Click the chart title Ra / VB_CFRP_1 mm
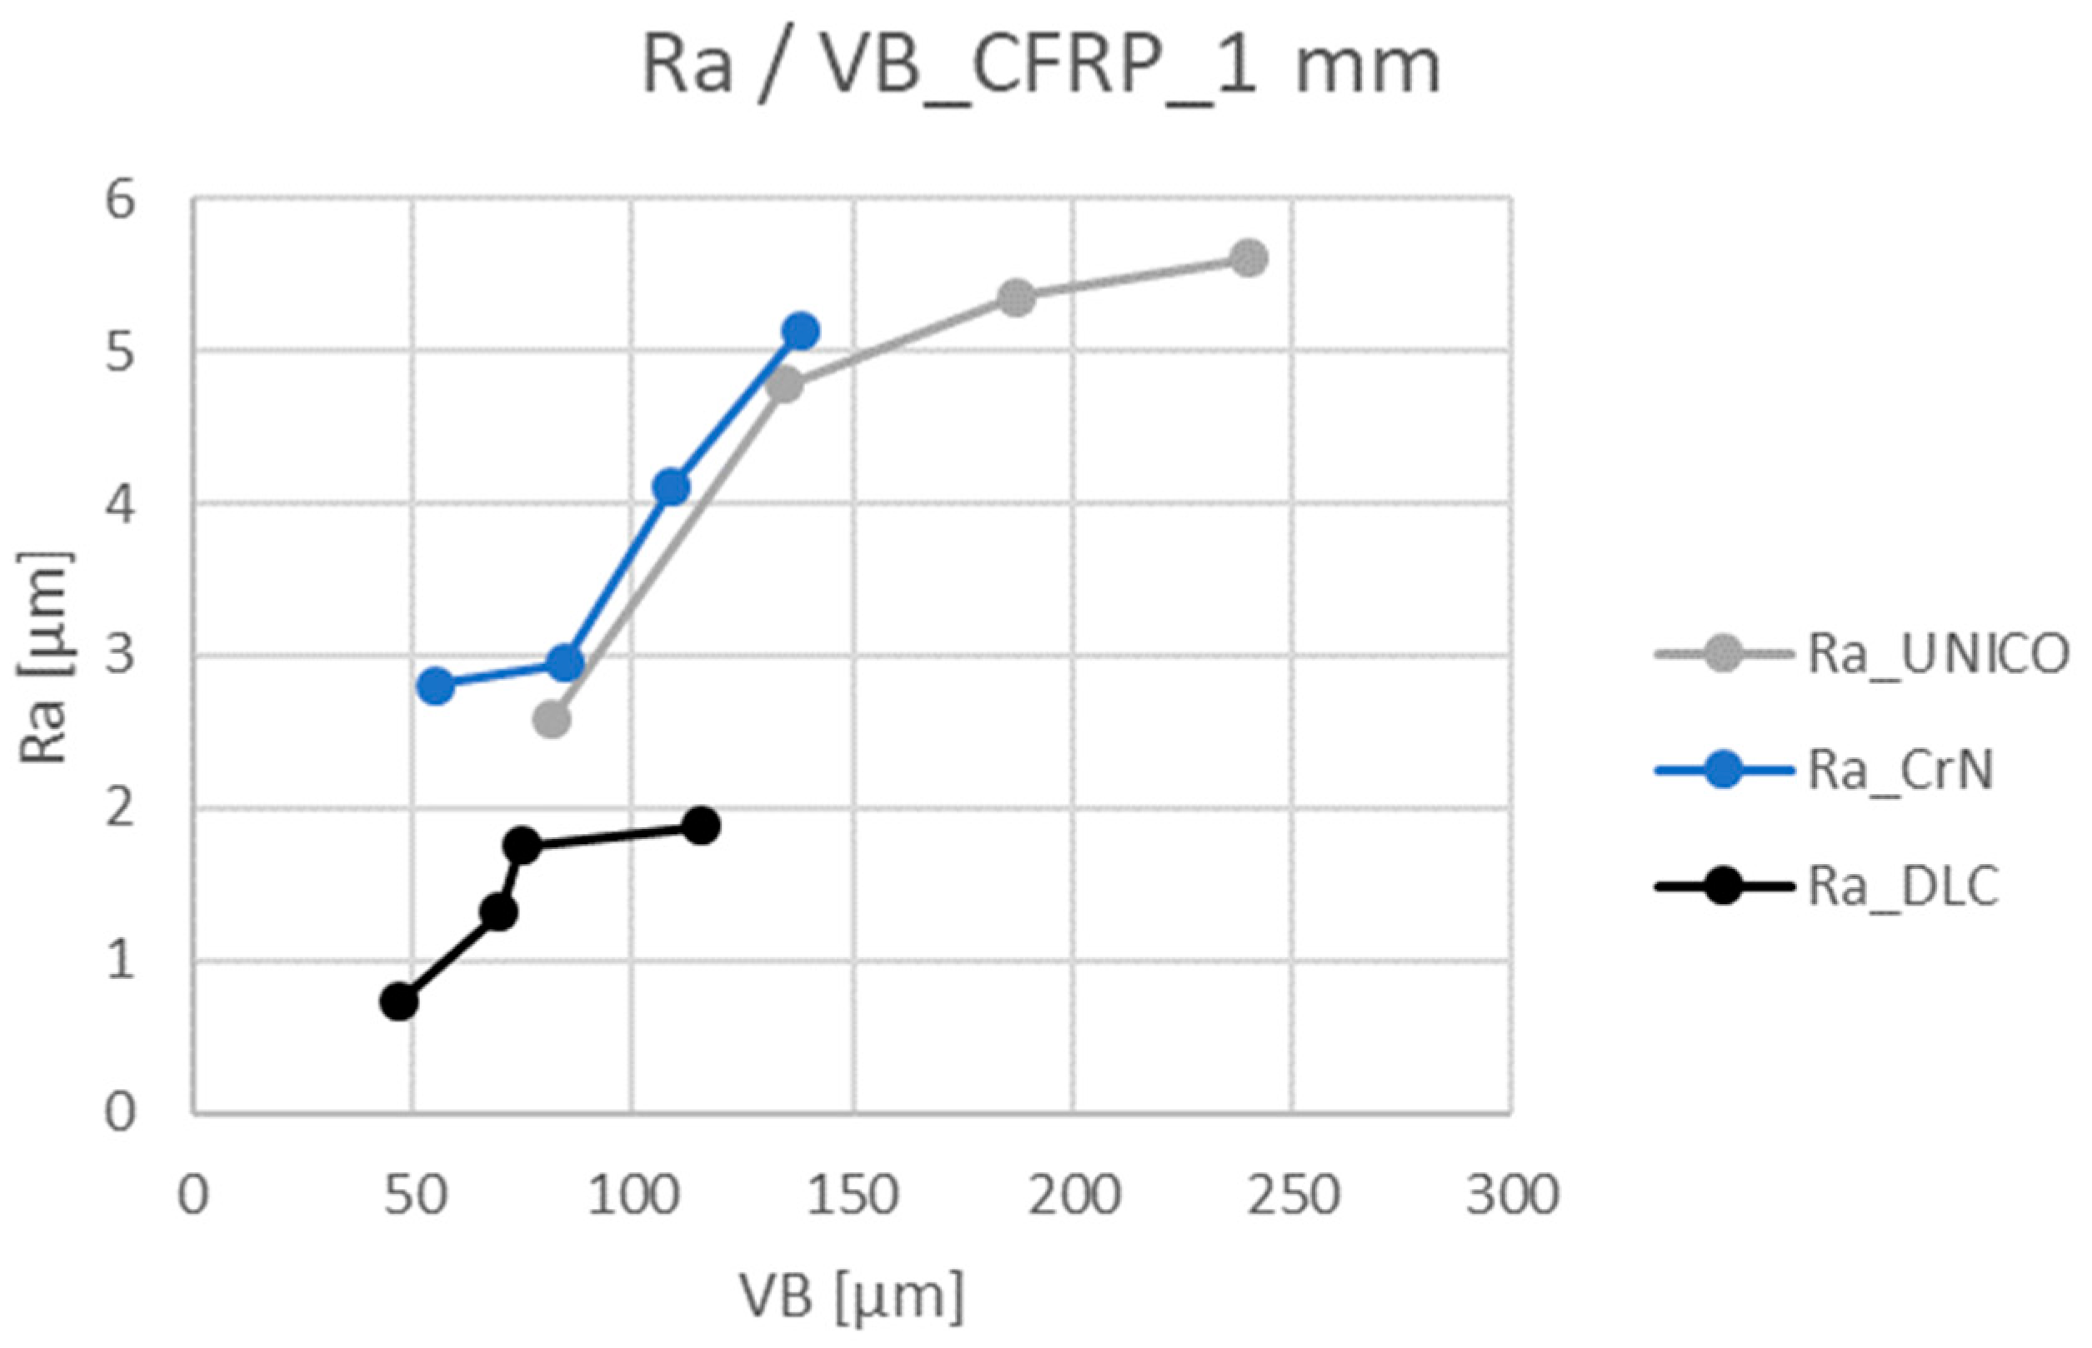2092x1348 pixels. tap(1041, 67)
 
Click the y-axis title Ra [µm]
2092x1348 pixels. tap(44, 657)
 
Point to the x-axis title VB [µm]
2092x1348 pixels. tap(851, 1296)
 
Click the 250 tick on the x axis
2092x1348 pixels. tap(1293, 1195)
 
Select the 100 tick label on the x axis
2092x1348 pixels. tap(633, 1195)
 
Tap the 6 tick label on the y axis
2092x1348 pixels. tap(120, 201)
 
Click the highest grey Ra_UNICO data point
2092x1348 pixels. tap(1249, 257)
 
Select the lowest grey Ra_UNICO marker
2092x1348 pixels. tap(552, 721)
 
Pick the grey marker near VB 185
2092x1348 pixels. tap(1016, 298)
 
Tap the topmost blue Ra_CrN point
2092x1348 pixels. tap(800, 331)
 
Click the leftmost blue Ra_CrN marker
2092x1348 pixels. tap(436, 686)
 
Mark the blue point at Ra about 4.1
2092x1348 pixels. tap(672, 487)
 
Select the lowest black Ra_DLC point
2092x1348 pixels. tap(398, 1001)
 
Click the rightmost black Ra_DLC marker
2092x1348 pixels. tap(701, 826)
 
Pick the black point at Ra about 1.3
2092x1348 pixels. tap(498, 912)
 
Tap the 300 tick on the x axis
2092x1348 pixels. tap(1512, 1195)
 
